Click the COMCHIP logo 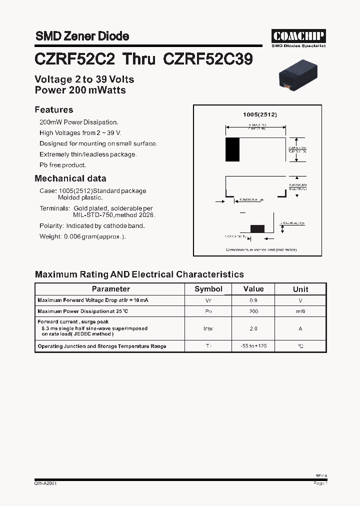pos(298,36)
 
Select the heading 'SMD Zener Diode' pos(82,36)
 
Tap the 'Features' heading pos(54,110)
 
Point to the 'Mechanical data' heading pos(70,178)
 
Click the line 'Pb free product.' pos(63,165)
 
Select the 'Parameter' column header pos(110,289)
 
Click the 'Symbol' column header pos(208,289)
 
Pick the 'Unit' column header pos(300,289)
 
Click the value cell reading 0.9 pos(253,300)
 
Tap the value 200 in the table pos(253,311)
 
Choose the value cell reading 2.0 pos(253,328)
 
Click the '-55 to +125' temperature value pos(253,346)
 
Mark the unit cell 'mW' pos(300,311)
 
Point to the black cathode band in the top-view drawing pos(232,149)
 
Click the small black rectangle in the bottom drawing pos(257,228)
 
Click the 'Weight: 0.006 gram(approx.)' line pos(83,236)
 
